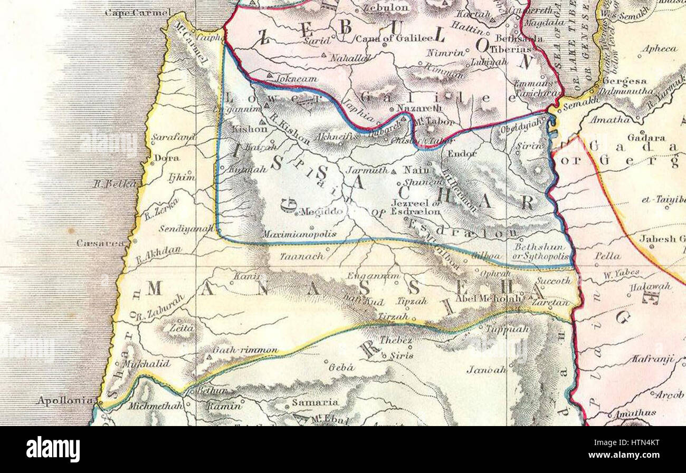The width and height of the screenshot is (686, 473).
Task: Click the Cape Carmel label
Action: coord(138,12)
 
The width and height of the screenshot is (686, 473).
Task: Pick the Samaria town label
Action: coord(316,402)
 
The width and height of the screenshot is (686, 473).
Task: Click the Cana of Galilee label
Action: coord(393,38)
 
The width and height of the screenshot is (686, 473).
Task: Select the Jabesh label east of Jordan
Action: coord(662,238)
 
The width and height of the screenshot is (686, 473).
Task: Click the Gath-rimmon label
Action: coord(245,350)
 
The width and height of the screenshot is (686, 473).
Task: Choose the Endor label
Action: coord(462,154)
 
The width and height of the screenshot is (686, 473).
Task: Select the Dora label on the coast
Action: coord(167,158)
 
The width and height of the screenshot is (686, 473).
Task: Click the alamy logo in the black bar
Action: coord(53,449)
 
